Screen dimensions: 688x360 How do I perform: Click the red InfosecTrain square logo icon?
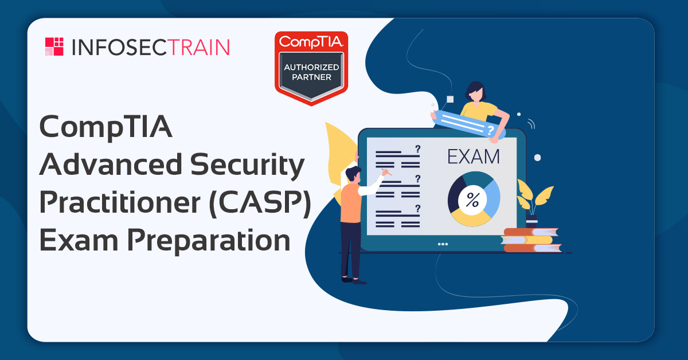pyautogui.click(x=54, y=46)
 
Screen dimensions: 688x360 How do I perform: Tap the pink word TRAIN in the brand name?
pyautogui.click(x=200, y=48)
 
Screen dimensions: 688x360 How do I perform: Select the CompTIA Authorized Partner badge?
pyautogui.click(x=311, y=68)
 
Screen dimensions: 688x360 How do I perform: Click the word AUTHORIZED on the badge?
pyautogui.click(x=311, y=67)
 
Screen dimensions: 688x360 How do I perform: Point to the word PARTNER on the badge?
pyautogui.click(x=311, y=77)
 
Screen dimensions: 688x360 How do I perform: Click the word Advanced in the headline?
pyautogui.click(x=111, y=165)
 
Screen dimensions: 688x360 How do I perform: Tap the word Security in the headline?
pyautogui.click(x=247, y=166)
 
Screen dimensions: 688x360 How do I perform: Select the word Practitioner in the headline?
pyautogui.click(x=120, y=202)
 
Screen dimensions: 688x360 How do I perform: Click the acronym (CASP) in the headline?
pyautogui.click(x=260, y=203)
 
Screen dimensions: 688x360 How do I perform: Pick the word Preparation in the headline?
pyautogui.click(x=209, y=241)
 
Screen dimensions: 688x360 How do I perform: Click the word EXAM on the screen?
pyautogui.click(x=474, y=157)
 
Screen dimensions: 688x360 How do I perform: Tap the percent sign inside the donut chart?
pyautogui.click(x=472, y=200)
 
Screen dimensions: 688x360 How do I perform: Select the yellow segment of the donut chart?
pyautogui.click(x=471, y=218)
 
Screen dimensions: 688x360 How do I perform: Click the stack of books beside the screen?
pyautogui.click(x=531, y=240)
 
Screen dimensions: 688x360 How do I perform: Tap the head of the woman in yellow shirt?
pyautogui.click(x=475, y=92)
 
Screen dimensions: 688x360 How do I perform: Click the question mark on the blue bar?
pyautogui.click(x=491, y=130)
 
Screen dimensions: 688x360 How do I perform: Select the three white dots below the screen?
pyautogui.click(x=443, y=244)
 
